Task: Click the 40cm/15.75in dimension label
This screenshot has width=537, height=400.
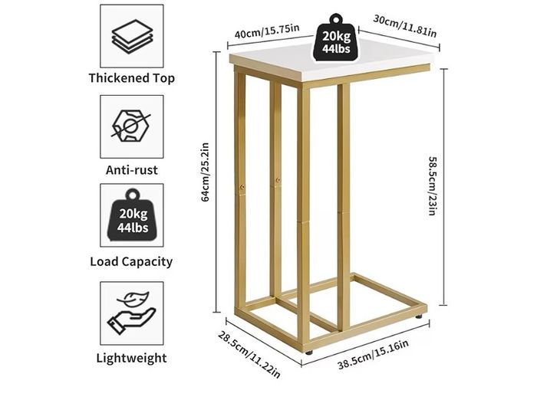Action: point(267,31)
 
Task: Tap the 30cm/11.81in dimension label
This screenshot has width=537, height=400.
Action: point(405,26)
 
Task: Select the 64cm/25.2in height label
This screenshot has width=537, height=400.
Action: point(205,172)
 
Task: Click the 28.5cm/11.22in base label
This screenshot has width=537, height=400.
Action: point(249,355)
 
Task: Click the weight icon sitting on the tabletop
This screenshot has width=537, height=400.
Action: point(336,38)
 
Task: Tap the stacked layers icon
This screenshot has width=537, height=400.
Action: point(132,36)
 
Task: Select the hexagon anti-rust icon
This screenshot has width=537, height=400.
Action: point(131,126)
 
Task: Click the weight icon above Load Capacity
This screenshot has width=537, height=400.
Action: point(133,215)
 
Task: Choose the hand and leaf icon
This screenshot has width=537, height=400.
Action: point(132,313)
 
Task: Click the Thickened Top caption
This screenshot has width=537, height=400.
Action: point(132,78)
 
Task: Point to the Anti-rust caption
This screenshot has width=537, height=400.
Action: point(132,170)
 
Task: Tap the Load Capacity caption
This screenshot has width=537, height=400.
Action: point(131,262)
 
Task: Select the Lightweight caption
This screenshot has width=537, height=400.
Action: point(131,358)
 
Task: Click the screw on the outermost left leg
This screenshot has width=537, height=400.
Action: point(242,187)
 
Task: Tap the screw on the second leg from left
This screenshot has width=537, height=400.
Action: point(278,179)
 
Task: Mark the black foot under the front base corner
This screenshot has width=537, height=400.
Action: point(309,352)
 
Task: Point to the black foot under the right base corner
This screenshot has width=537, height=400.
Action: point(419,316)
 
